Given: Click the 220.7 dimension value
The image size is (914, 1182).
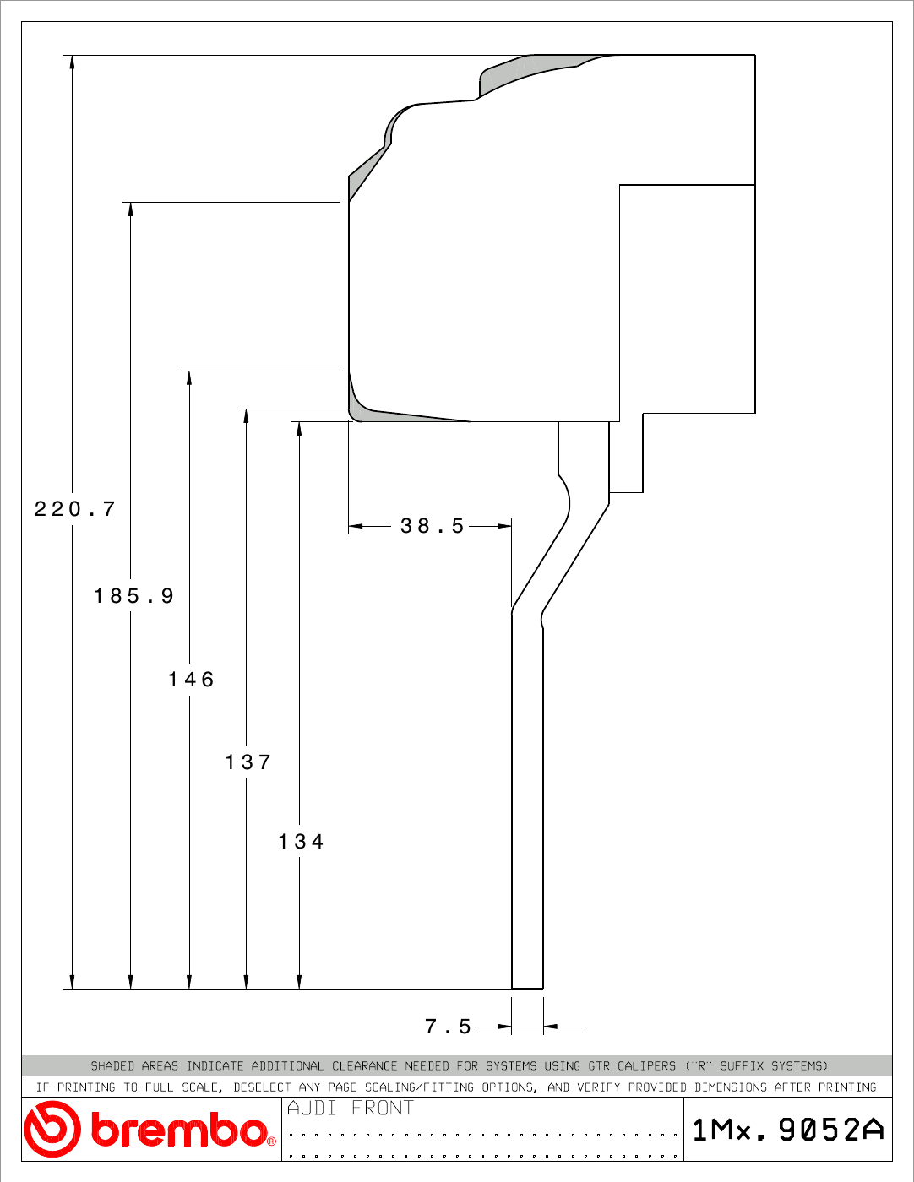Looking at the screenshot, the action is pyautogui.click(x=74, y=509).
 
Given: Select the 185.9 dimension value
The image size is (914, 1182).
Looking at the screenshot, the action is pyautogui.click(x=133, y=595).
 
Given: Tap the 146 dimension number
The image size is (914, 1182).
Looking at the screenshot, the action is pyautogui.click(x=191, y=680).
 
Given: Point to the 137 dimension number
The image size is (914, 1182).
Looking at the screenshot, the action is pyautogui.click(x=248, y=762).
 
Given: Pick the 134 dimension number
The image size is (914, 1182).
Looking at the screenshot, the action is pyautogui.click(x=301, y=842).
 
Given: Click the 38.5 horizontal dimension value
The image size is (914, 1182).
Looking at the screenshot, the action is pyautogui.click(x=432, y=526).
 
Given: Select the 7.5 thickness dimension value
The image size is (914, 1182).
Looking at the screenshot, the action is pyautogui.click(x=448, y=1027).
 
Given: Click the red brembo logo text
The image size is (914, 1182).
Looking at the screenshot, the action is pyautogui.click(x=182, y=1130).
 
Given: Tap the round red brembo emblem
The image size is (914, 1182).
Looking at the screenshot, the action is pyautogui.click(x=52, y=1130).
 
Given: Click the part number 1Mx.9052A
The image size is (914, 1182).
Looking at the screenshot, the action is pyautogui.click(x=788, y=1130).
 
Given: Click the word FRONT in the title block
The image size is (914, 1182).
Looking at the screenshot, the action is pyautogui.click(x=382, y=1108).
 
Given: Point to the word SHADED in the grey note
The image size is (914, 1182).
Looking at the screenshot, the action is pyautogui.click(x=112, y=1065).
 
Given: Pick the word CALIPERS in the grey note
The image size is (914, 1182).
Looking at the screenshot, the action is pyautogui.click(x=646, y=1065).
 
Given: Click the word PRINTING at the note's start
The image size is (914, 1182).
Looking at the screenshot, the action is pyautogui.click(x=86, y=1087).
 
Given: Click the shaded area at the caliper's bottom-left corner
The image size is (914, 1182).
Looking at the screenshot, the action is pyautogui.click(x=381, y=415).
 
